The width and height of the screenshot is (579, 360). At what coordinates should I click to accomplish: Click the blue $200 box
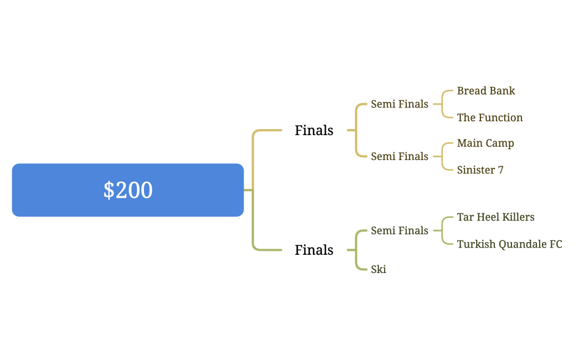click(x=128, y=190)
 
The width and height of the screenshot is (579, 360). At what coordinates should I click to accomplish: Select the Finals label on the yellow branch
click(x=314, y=130)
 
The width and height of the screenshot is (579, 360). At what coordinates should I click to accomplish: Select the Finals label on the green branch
click(x=314, y=250)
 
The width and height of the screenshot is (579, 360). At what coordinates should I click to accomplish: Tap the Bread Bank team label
click(x=486, y=91)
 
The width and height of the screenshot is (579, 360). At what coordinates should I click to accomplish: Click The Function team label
click(x=490, y=117)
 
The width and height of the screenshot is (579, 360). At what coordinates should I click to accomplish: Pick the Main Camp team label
click(x=485, y=143)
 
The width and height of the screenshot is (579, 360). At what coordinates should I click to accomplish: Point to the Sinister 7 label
click(x=480, y=170)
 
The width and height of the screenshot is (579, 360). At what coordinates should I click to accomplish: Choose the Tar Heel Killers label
click(x=495, y=217)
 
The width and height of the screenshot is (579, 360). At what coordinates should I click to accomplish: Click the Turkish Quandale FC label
click(x=509, y=244)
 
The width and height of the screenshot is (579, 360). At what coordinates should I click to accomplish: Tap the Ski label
click(x=379, y=270)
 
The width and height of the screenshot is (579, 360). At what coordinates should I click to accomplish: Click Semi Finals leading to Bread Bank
click(x=399, y=104)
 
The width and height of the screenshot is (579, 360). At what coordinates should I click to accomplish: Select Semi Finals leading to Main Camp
click(x=399, y=157)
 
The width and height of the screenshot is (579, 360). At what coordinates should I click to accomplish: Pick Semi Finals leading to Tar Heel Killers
click(x=399, y=230)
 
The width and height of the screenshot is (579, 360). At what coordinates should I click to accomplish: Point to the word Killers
click(x=518, y=217)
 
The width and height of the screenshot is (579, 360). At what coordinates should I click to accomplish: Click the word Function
click(x=500, y=117)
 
